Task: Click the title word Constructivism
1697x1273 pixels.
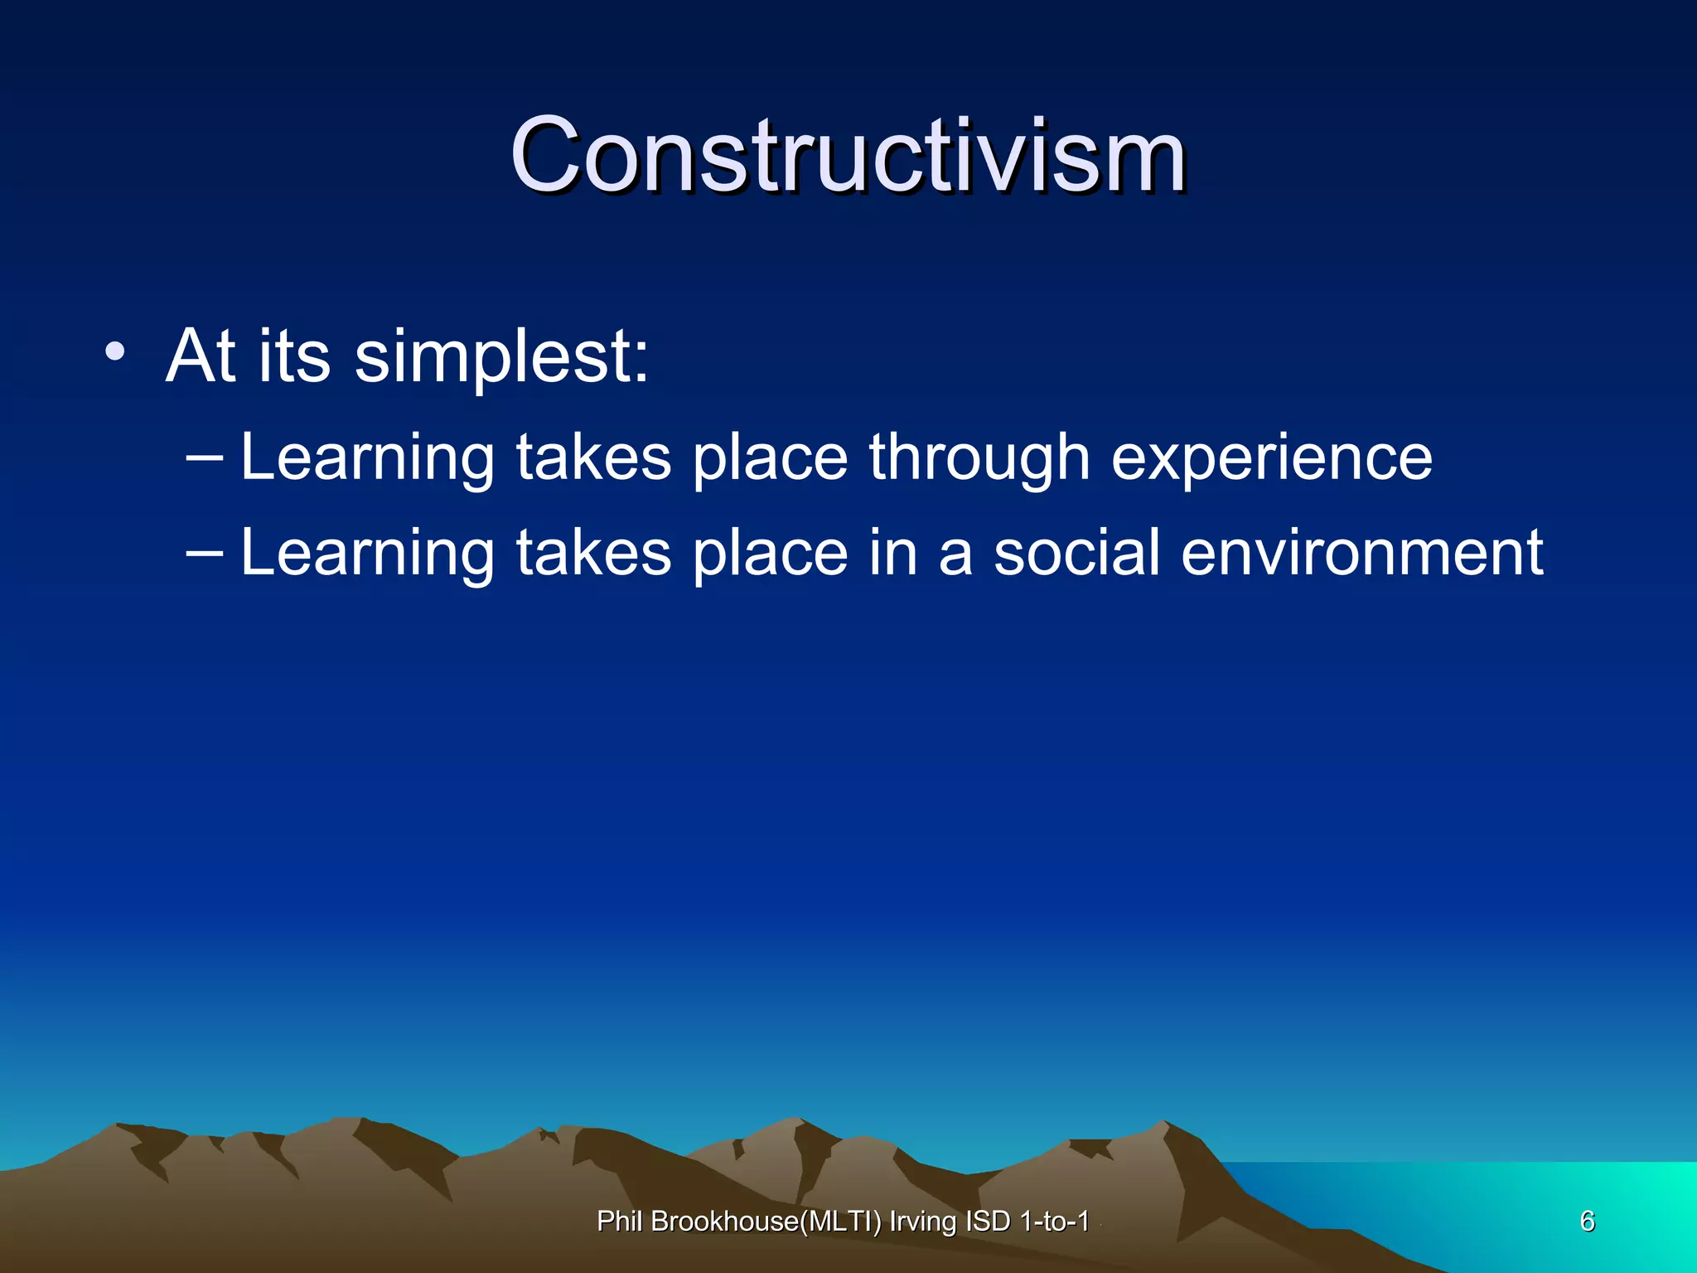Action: (x=847, y=156)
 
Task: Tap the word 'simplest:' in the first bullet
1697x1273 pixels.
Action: (x=501, y=356)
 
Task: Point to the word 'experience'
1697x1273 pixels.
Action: (x=1271, y=457)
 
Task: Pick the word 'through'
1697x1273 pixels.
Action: (x=979, y=457)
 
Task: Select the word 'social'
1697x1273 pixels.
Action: (x=1076, y=553)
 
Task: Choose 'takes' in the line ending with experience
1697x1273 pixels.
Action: (x=593, y=457)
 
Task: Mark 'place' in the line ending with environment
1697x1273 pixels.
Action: (x=770, y=553)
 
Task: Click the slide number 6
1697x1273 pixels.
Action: (x=1587, y=1221)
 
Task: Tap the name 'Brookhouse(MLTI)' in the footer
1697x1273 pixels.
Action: (x=766, y=1222)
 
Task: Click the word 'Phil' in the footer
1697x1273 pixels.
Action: (x=620, y=1222)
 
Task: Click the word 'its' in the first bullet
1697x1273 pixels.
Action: (x=294, y=356)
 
